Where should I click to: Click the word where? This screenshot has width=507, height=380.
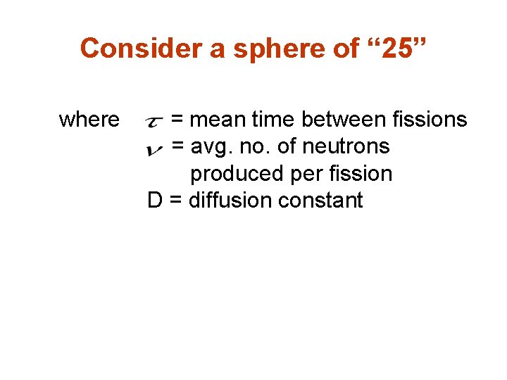coord(89,120)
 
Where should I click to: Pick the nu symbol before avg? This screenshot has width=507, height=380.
coord(156,148)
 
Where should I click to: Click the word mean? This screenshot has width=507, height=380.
coord(218,120)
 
